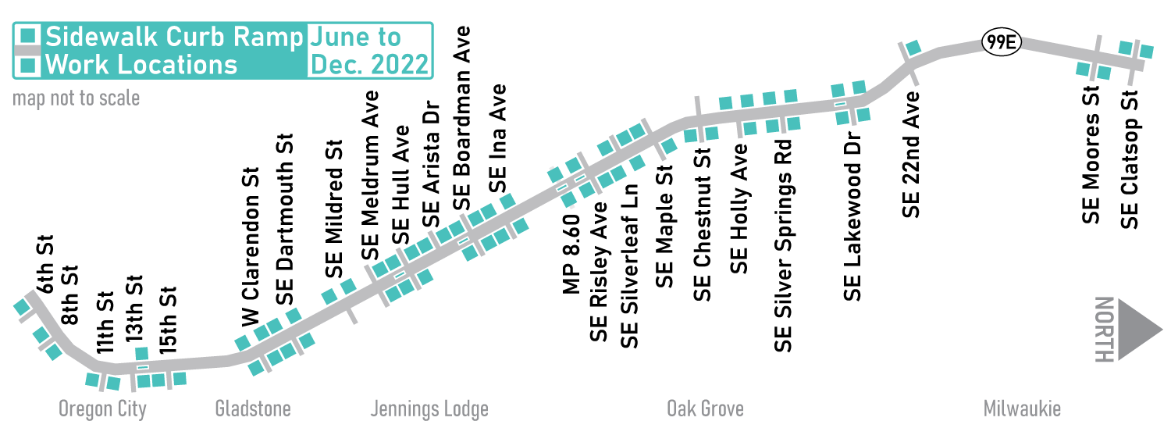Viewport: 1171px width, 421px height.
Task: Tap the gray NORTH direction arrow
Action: pyautogui.click(x=1140, y=329)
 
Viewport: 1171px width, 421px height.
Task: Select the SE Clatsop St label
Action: pyautogui.click(x=1130, y=161)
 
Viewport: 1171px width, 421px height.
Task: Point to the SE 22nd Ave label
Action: pyautogui.click(x=911, y=154)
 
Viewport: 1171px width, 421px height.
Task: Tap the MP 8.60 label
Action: pyautogui.click(x=571, y=255)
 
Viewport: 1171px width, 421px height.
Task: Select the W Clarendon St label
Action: pyautogui.click(x=250, y=248)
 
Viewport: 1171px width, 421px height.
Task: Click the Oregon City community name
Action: pyautogui.click(x=102, y=409)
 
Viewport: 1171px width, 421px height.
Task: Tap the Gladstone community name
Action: pyautogui.click(x=252, y=409)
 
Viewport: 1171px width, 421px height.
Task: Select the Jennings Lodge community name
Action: pyautogui.click(x=429, y=409)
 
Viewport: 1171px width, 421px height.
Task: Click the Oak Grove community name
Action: pyautogui.click(x=705, y=409)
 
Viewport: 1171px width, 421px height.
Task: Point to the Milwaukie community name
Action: pyautogui.click(x=1022, y=409)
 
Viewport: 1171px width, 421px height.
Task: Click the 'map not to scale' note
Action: pyautogui.click(x=76, y=98)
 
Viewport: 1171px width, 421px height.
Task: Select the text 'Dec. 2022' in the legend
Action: pyautogui.click(x=370, y=64)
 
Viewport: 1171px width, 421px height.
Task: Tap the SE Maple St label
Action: pyautogui.click(x=664, y=236)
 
